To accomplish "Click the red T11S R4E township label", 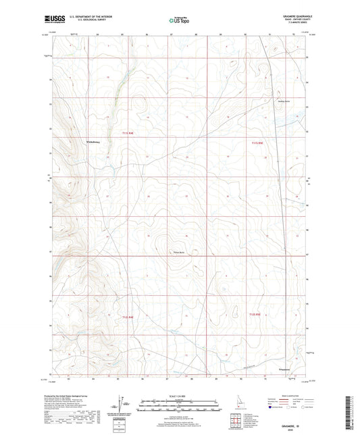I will click(x=128, y=133).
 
